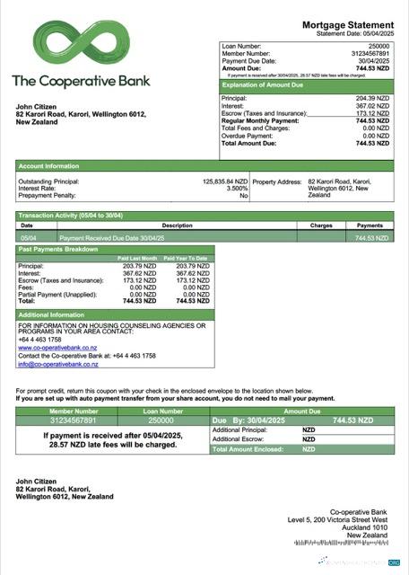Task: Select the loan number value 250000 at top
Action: [x=379, y=45]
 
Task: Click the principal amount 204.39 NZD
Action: [x=372, y=98]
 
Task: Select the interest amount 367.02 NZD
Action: [x=372, y=106]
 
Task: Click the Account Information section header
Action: [x=48, y=165]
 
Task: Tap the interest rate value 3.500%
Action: [x=237, y=188]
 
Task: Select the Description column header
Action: [x=177, y=226]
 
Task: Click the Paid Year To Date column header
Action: [x=186, y=258]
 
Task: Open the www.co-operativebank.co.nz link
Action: [x=57, y=348]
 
